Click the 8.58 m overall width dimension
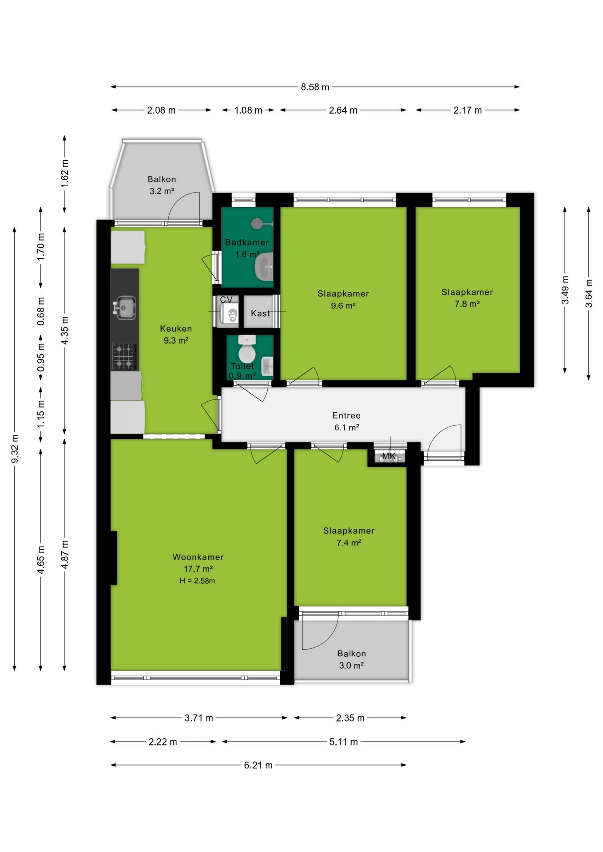click(x=315, y=87)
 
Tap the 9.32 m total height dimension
click(x=15, y=449)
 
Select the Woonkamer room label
click(x=198, y=557)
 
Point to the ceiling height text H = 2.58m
click(x=198, y=581)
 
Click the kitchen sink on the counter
click(x=125, y=307)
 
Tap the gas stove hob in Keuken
click(x=124, y=356)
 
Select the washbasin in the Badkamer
click(x=264, y=267)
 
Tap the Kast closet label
click(x=260, y=313)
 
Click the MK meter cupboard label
click(x=389, y=456)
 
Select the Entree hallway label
click(x=346, y=415)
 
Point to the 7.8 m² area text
click(x=467, y=304)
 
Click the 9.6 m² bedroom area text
click(x=343, y=305)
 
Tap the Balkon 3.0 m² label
click(x=352, y=659)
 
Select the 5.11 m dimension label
click(x=343, y=742)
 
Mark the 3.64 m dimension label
click(x=589, y=293)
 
